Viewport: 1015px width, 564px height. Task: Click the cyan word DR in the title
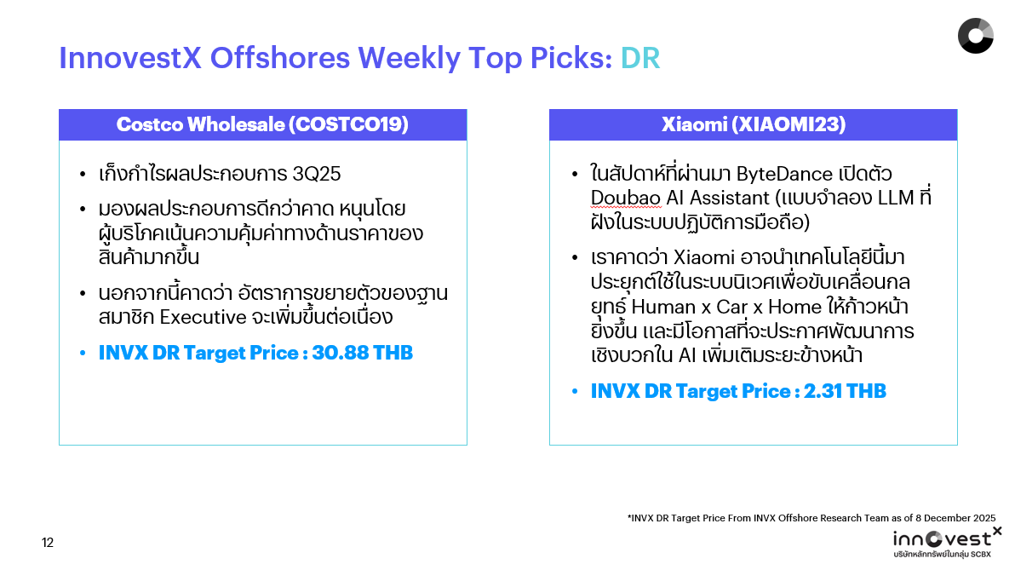pos(639,58)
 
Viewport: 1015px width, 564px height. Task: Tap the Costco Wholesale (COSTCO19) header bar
pos(262,124)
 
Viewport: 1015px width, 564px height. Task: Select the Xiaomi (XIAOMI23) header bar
pos(753,124)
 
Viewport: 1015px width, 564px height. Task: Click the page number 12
pos(48,543)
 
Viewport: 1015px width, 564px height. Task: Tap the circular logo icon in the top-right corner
pos(975,35)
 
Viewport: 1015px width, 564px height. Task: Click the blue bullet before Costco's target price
pos(83,353)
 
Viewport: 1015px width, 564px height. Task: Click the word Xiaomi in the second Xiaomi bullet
pos(703,257)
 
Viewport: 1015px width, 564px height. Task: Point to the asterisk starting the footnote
pos(629,516)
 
